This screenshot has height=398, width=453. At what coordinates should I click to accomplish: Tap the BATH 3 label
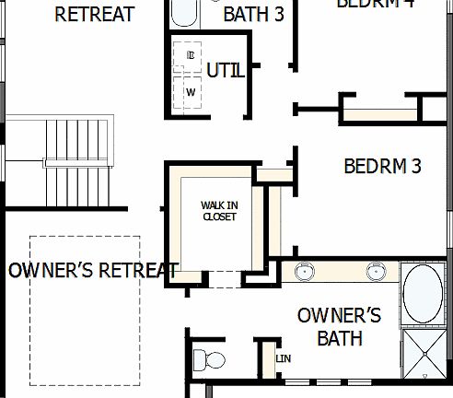(x=254, y=15)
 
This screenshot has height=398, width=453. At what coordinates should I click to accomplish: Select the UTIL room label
(x=226, y=71)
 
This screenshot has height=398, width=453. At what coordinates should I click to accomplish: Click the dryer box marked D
(x=192, y=55)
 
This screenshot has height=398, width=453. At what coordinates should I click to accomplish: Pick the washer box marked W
(x=192, y=92)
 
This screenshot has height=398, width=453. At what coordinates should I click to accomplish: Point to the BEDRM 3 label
(x=382, y=167)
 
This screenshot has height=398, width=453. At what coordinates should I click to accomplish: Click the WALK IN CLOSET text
(x=219, y=211)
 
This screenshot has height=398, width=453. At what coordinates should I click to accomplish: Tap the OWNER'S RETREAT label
(x=92, y=271)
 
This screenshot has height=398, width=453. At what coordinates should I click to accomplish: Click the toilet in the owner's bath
(x=209, y=359)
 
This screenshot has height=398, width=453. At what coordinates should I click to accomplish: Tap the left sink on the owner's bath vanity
(x=305, y=272)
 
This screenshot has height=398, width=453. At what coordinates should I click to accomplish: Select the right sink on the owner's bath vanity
(x=375, y=272)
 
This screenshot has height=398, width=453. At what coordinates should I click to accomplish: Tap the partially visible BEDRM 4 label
(x=375, y=4)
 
